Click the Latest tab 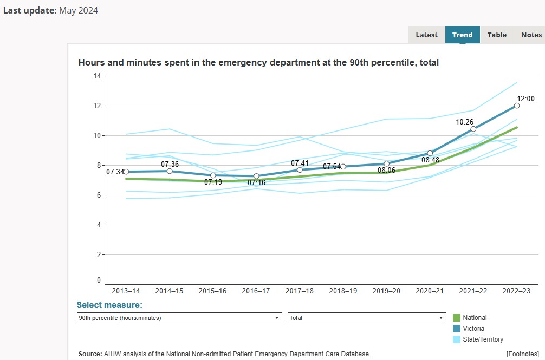[426, 35]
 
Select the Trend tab [462, 35]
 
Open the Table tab [497, 35]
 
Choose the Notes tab [531, 35]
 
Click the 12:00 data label [525, 99]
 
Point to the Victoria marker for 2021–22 [473, 129]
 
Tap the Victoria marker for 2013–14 [126, 172]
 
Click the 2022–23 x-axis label [516, 291]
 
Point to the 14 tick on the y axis [98, 76]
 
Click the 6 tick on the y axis [99, 195]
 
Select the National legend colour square [456, 318]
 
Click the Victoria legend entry [473, 329]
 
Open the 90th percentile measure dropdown [179, 318]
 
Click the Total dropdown [367, 318]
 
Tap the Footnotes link [523, 354]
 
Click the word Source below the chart [90, 354]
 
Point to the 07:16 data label [256, 183]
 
